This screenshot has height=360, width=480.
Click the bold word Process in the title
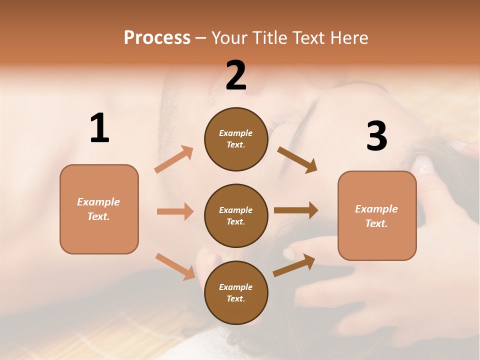click(x=157, y=37)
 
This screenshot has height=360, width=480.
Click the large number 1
click(x=99, y=128)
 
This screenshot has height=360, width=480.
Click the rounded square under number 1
click(x=99, y=209)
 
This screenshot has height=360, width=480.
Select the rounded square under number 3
click(x=377, y=216)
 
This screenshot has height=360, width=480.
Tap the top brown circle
click(x=236, y=139)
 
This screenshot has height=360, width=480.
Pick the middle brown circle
click(x=236, y=216)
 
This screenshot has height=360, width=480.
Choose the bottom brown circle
click(x=236, y=293)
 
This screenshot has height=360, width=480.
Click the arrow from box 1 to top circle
click(x=174, y=159)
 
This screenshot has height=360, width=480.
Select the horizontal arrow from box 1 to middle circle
click(x=175, y=211)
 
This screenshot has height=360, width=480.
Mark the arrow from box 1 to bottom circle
click(x=175, y=266)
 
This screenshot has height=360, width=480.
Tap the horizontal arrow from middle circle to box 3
click(x=296, y=210)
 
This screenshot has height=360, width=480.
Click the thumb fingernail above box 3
click(x=423, y=164)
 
